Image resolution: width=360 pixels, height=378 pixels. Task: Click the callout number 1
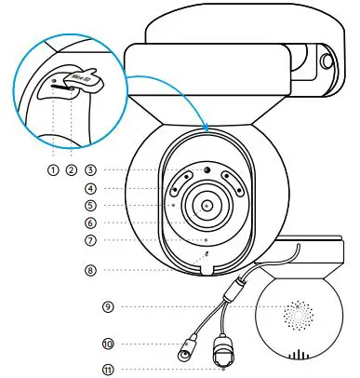pos(54,170)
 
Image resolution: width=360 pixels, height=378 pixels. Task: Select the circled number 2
pos(72,170)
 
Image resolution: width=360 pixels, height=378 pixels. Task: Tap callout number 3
pos(90,170)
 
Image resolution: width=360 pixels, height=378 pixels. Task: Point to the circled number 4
pos(90,187)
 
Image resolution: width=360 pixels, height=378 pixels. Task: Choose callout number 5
pos(90,205)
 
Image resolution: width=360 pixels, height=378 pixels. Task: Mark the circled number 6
pos(90,223)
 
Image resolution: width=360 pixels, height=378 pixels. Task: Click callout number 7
pos(90,240)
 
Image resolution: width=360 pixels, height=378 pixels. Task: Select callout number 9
pos(109,305)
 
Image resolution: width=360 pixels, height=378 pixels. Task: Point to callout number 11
pos(109,370)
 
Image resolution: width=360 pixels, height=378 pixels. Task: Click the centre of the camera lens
pos(206,204)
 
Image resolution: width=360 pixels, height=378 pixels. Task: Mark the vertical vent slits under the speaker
pos(300,355)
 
